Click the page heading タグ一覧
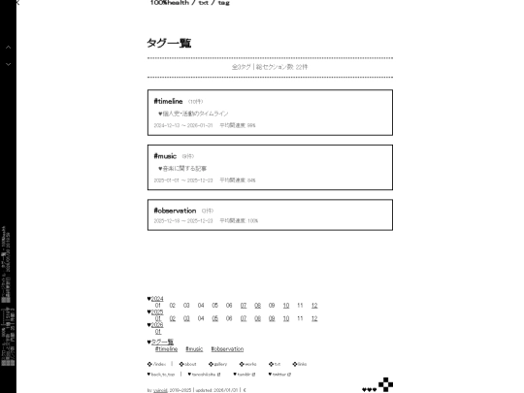(169, 44)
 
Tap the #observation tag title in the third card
(175, 210)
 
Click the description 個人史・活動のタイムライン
(194, 114)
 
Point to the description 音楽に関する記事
(183, 168)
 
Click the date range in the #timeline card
(182, 125)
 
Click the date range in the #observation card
(182, 221)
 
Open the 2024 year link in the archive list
(155, 298)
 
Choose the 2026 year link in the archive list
(155, 325)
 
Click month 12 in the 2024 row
(314, 305)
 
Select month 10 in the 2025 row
(287, 318)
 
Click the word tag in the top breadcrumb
(223, 3)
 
